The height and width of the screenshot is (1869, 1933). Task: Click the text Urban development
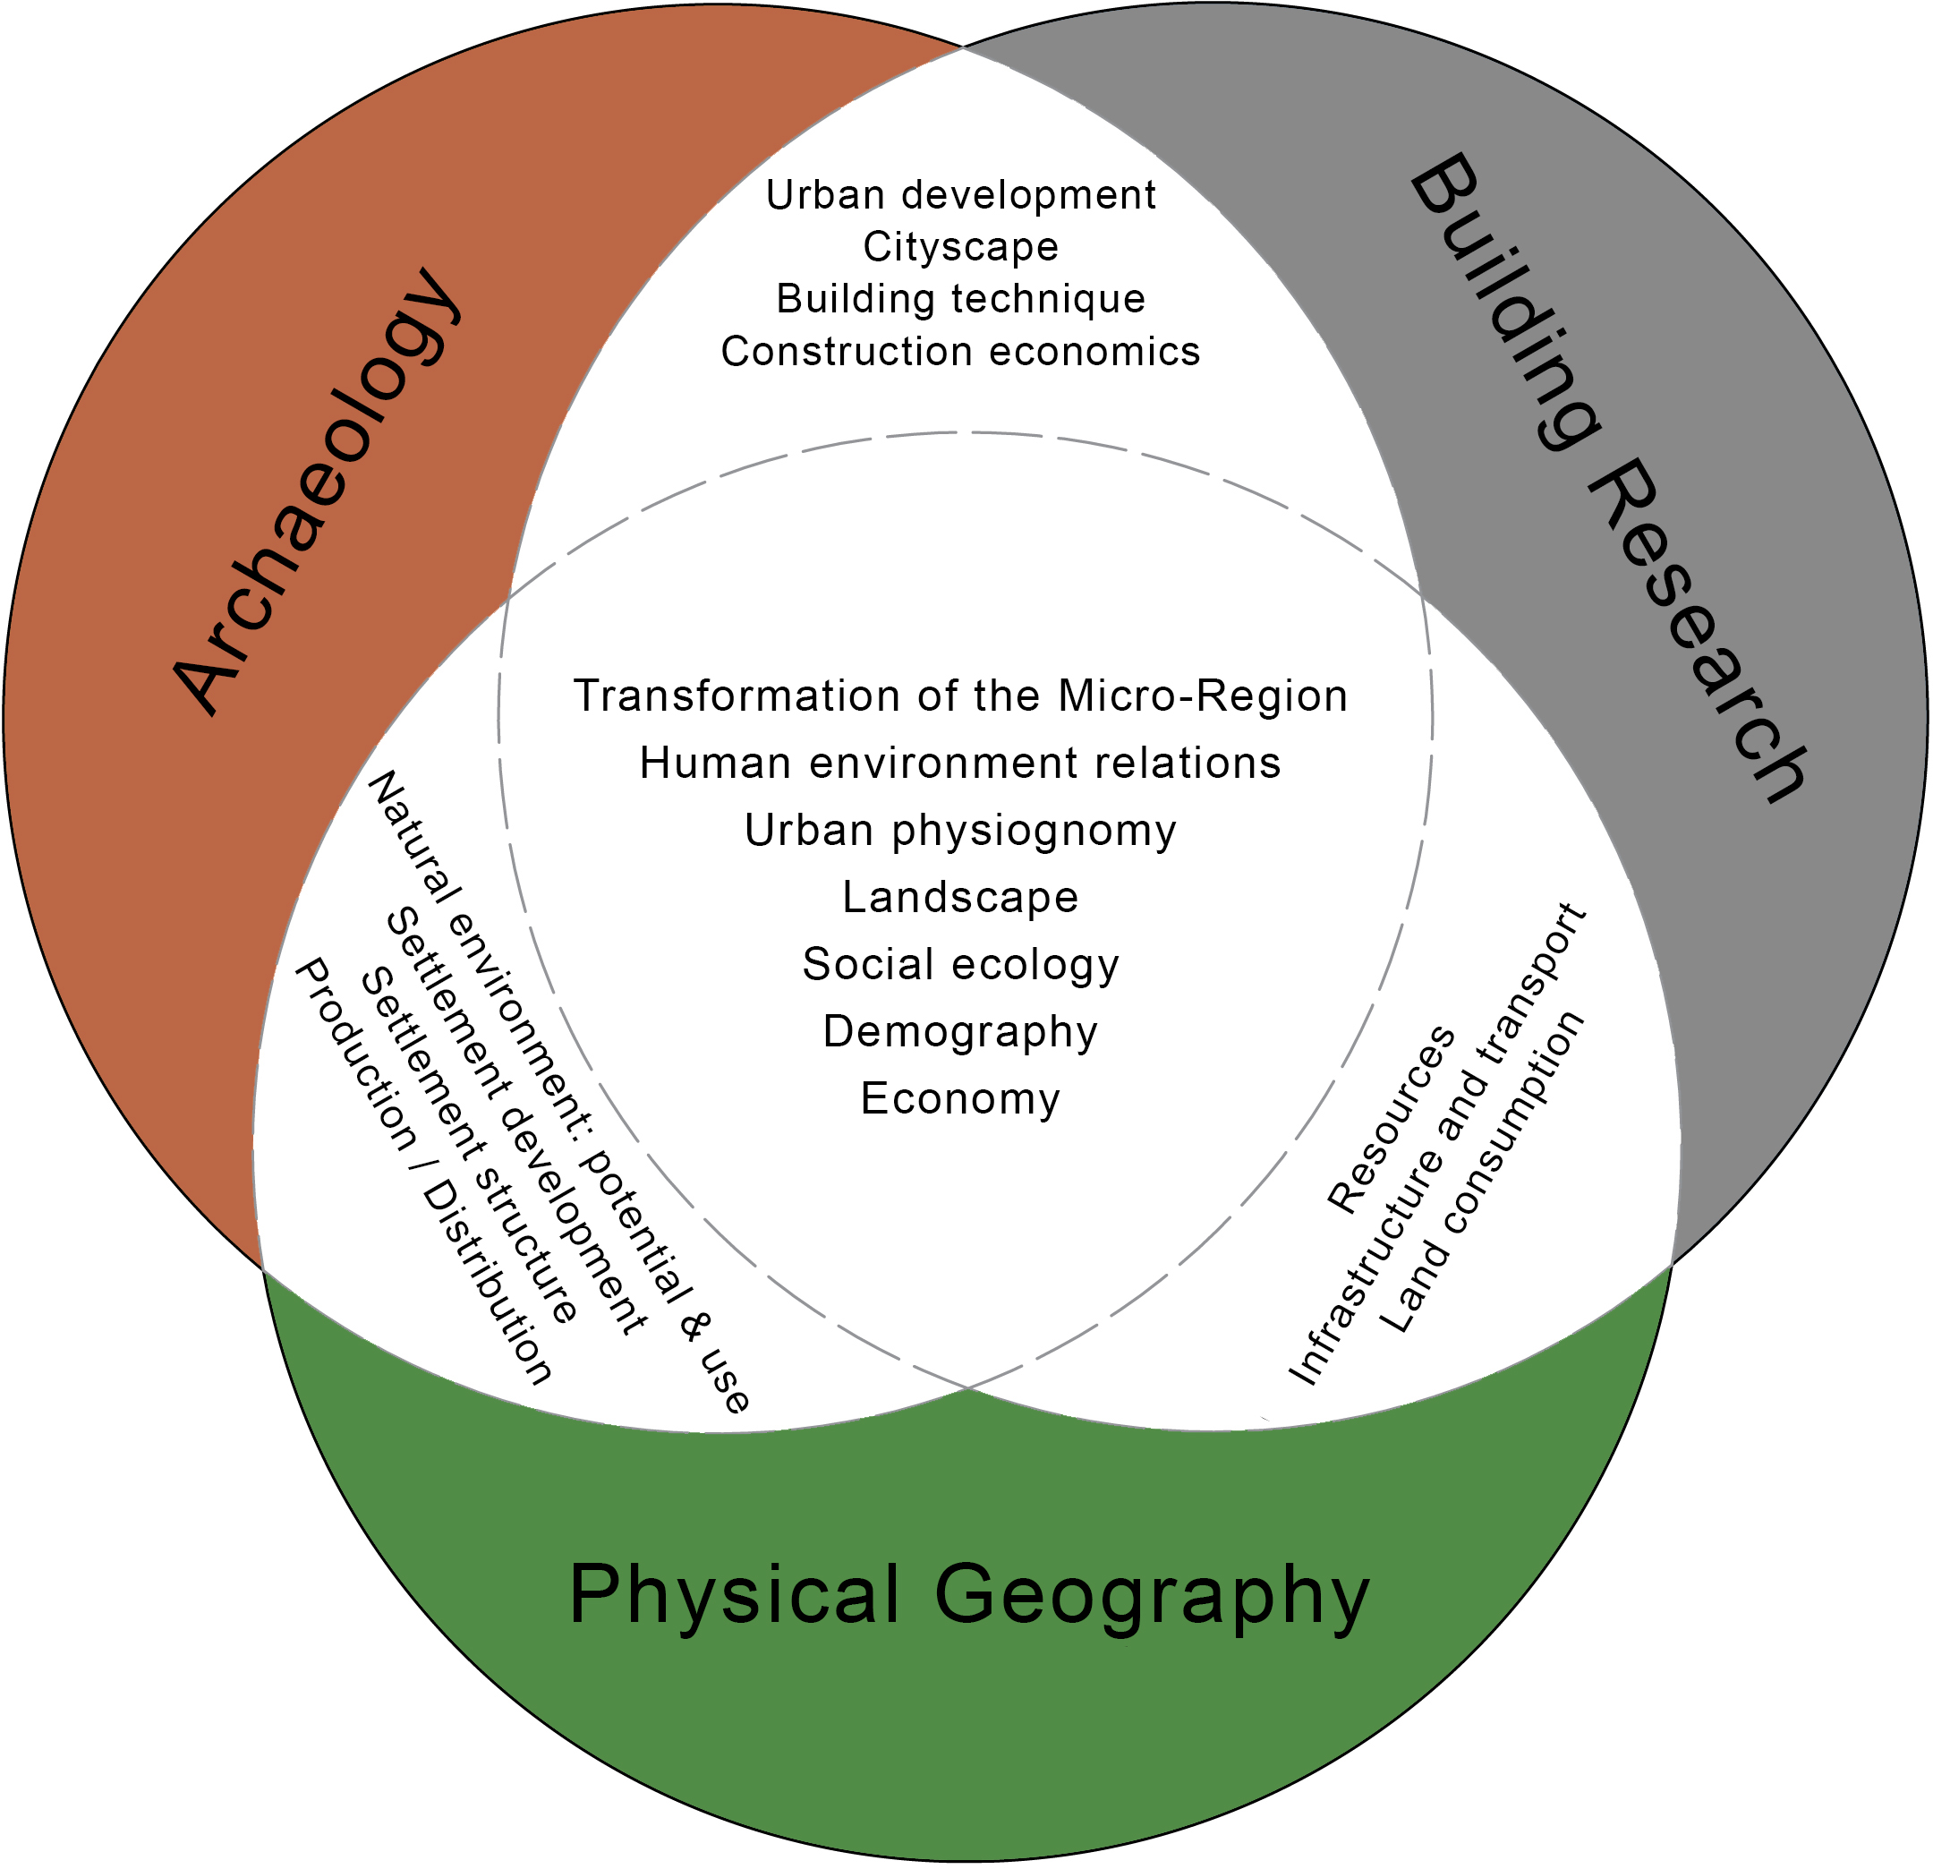960,195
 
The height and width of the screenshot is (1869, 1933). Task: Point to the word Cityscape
960,246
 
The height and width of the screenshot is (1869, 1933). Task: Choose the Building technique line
960,299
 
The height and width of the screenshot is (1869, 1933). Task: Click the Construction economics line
960,351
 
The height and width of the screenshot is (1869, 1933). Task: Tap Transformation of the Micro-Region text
960,696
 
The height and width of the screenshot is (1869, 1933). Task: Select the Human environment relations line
960,764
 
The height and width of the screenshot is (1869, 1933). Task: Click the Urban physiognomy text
960,831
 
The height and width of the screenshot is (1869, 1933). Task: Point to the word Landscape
960,898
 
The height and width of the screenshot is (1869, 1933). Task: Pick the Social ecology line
960,965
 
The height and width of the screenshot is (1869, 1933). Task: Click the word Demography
960,1032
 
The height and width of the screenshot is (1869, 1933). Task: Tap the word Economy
960,1098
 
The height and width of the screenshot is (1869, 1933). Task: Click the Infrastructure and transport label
1438,1144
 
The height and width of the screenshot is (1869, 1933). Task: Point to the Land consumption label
1479,1172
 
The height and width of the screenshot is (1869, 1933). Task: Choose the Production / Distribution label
424,1171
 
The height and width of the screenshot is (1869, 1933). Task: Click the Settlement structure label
470,1146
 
